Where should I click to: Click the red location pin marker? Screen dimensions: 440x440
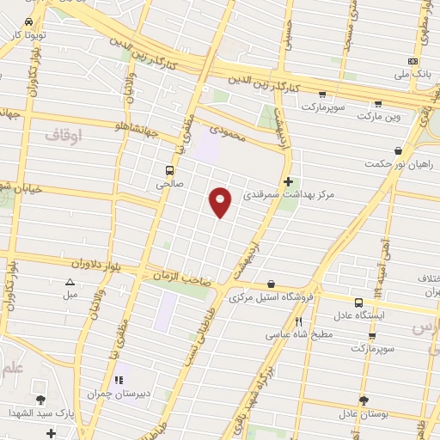[221, 202]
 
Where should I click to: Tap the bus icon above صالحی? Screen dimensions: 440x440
[168, 169]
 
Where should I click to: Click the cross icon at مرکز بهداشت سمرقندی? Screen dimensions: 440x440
[288, 181]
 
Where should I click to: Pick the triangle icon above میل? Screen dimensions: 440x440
[70, 282]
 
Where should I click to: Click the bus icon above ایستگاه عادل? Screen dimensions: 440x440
[358, 302]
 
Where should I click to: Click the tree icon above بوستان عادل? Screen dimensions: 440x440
[364, 400]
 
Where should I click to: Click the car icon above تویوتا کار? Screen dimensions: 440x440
[28, 21]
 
